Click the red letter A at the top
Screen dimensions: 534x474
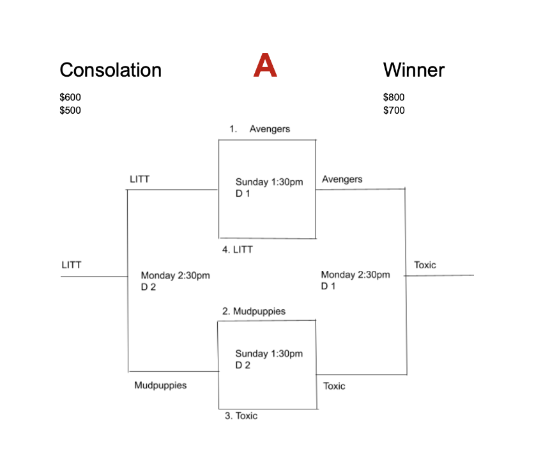pos(265,65)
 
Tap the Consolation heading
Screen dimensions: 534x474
pos(111,70)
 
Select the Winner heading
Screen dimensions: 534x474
pos(414,70)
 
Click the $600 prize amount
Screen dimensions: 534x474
pos(70,97)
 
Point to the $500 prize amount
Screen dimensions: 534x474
pos(70,111)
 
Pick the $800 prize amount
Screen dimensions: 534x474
pos(393,97)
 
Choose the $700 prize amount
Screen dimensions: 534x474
pos(393,111)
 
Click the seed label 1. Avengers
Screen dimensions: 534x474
pos(260,129)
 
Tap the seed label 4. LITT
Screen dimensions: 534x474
pos(238,250)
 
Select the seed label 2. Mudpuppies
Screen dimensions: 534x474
pos(254,311)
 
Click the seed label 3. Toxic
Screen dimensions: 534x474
pos(241,416)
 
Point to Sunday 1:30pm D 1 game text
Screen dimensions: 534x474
pos(269,188)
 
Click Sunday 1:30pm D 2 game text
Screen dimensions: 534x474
pos(269,359)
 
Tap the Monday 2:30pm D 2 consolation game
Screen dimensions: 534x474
pos(176,281)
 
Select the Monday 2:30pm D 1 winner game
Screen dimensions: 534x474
pos(356,280)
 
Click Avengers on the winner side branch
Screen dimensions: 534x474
pos(342,180)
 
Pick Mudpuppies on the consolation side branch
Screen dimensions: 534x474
pos(160,385)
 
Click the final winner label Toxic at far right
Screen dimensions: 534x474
pos(425,265)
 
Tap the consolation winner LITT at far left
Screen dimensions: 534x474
pos(72,265)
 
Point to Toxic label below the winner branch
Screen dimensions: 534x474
pos(334,386)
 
